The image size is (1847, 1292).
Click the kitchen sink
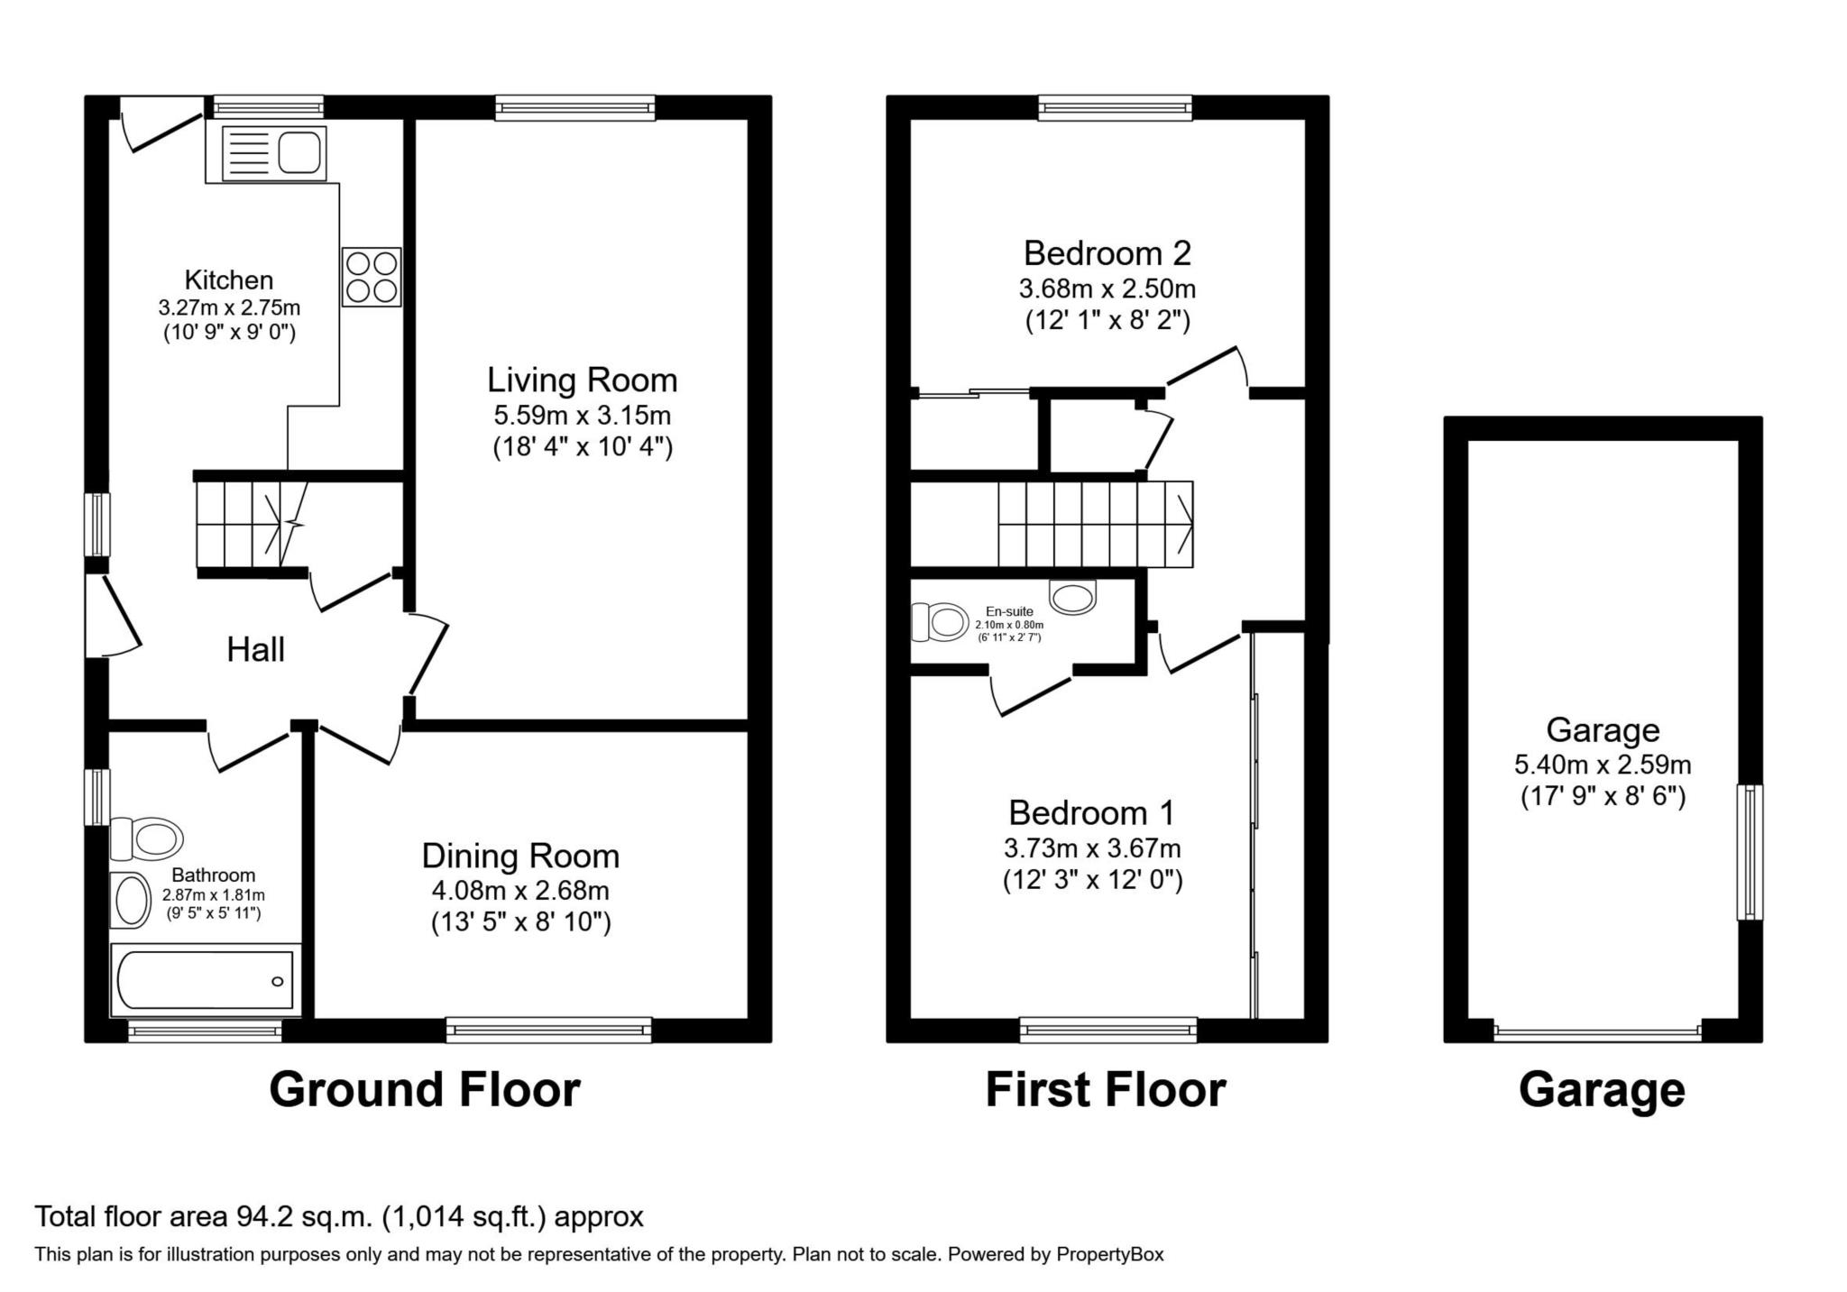[273, 151]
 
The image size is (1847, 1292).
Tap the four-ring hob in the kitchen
[372, 277]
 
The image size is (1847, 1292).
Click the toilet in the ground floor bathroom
[146, 838]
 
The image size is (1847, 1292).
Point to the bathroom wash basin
[131, 899]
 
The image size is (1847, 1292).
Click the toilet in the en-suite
[938, 622]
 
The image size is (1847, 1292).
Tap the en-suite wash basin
[1073, 596]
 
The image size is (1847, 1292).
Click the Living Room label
[582, 380]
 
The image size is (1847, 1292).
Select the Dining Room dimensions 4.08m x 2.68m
[520, 891]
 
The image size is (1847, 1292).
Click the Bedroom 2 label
[1107, 253]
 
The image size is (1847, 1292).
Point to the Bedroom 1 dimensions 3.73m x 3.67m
[1091, 848]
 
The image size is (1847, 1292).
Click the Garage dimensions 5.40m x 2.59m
[1602, 765]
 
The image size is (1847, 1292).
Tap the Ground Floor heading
[424, 1089]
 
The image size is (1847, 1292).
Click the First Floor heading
[1105, 1089]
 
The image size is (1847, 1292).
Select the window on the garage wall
[1749, 851]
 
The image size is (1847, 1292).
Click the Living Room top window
[574, 108]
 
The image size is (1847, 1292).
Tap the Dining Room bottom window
[548, 1030]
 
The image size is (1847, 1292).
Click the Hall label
[255, 649]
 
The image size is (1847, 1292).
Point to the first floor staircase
[1094, 523]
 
